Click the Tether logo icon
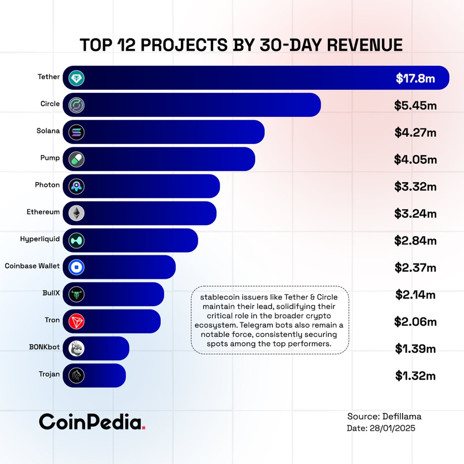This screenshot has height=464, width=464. point(77,78)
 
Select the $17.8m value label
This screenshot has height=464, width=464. point(415,78)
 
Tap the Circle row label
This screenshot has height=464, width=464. point(50,104)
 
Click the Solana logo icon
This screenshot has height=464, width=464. point(77,132)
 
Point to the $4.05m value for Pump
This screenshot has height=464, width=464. point(415,159)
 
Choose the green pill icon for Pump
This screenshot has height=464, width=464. point(77,159)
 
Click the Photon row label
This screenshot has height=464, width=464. point(47,185)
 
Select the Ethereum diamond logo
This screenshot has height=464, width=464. point(77,213)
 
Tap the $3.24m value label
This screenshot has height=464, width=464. point(415,213)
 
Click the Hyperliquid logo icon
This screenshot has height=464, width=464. point(77,241)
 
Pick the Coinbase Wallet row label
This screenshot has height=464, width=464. point(32,266)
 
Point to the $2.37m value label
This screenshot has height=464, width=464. point(415,268)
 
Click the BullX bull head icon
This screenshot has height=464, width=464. point(77,294)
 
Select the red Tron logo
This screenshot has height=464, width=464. point(77,321)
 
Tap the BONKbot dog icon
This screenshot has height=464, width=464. point(77,348)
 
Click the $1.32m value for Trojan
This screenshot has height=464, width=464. point(415,375)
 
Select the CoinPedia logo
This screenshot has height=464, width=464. point(92,422)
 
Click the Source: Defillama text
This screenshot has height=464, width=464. point(384,416)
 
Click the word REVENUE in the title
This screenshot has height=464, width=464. point(365,45)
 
